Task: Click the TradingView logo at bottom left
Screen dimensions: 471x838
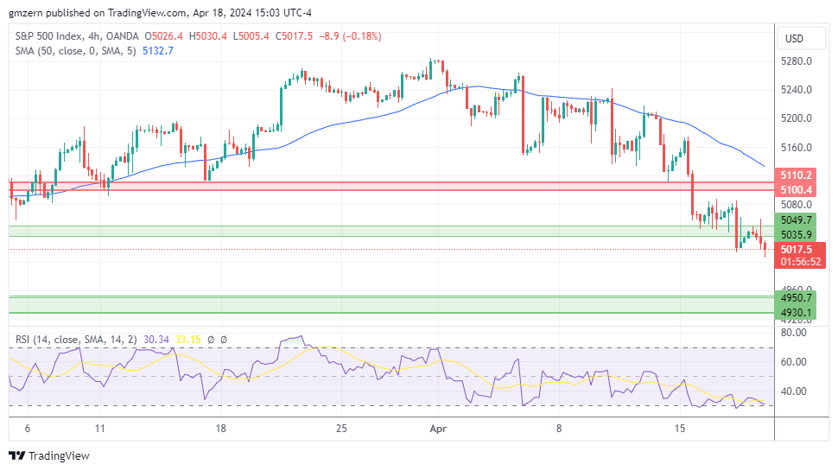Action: [49, 455]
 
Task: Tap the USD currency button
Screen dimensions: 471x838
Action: [792, 39]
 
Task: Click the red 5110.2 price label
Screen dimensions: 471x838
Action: [797, 175]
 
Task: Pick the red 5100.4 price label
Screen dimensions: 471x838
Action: [797, 189]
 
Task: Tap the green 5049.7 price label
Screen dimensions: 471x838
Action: [797, 220]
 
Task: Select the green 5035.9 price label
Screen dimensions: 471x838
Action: [797, 234]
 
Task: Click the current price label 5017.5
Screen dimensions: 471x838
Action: [797, 249]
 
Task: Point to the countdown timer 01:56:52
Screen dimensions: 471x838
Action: [801, 261]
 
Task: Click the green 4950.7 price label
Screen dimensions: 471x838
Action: [797, 297]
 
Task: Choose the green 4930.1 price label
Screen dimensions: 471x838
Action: [797, 312]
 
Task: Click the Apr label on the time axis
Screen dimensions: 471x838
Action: [438, 428]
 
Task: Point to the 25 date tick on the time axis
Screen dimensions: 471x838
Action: [341, 428]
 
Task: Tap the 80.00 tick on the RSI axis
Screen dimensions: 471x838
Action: [794, 332]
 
